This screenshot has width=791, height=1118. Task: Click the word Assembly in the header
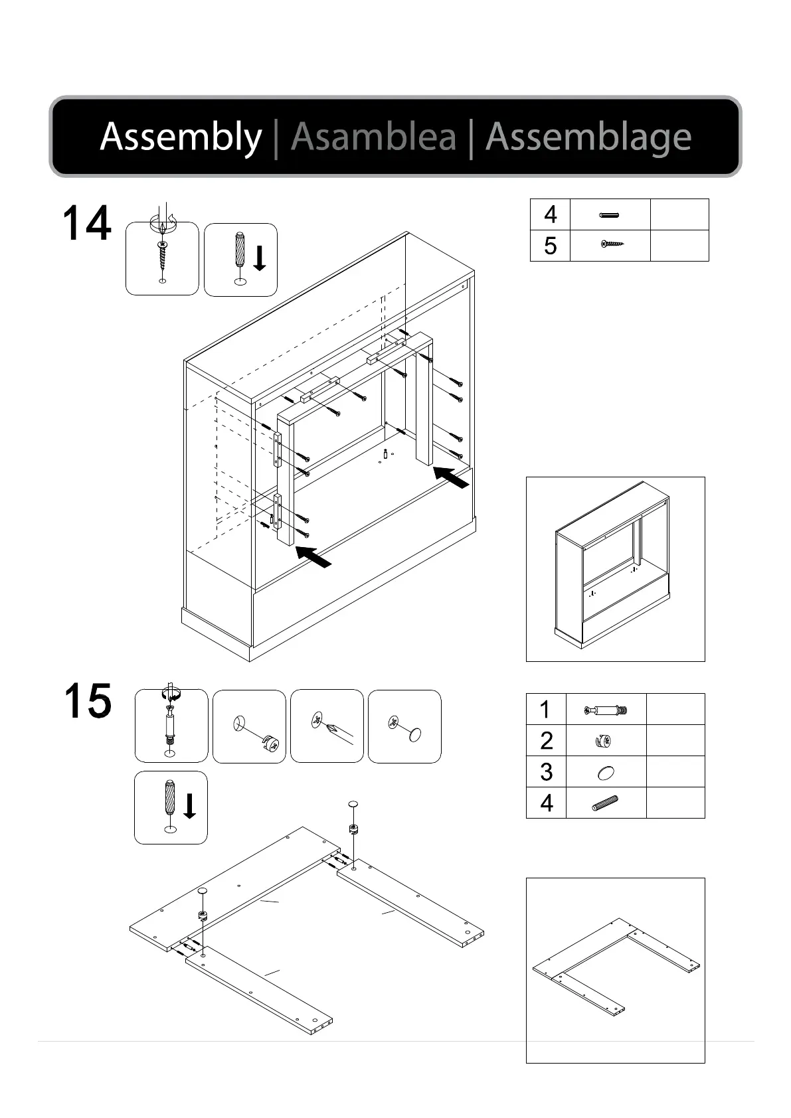pos(181,137)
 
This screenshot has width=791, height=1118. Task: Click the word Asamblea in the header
pos(373,137)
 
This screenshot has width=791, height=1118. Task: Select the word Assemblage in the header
pos(588,137)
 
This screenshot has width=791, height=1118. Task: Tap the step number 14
pos(86,224)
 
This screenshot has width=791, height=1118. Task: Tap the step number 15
pos(88,701)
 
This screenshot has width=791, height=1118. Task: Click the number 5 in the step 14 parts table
pos(550,246)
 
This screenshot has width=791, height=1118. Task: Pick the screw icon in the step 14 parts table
pos(613,245)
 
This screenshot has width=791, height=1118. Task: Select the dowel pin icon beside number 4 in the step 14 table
pos(609,214)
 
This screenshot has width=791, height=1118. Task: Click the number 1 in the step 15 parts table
pos(545,709)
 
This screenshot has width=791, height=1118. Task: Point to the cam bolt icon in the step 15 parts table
pos(606,710)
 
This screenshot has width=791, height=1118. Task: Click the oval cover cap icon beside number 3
pos(605,772)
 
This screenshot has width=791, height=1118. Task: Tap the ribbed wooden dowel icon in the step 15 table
pos(605,803)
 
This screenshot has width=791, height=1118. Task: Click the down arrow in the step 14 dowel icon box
pos(260,258)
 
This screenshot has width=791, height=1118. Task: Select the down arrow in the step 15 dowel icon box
pos(189,806)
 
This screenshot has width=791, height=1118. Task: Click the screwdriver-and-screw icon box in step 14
pos(162,258)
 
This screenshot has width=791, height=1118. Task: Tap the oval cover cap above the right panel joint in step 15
pos(353,804)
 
